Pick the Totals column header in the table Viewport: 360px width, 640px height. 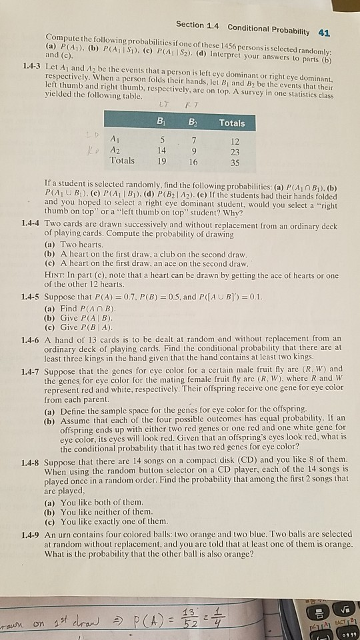pyautogui.click(x=231, y=123)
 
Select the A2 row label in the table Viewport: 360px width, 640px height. pyautogui.click(x=115, y=150)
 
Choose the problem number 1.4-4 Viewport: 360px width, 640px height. pyautogui.click(x=32, y=227)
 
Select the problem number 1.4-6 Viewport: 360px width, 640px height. pyautogui.click(x=32, y=338)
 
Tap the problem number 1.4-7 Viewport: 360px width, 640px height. pyautogui.click(x=32, y=369)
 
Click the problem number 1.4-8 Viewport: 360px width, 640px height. pyautogui.click(x=32, y=461)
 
